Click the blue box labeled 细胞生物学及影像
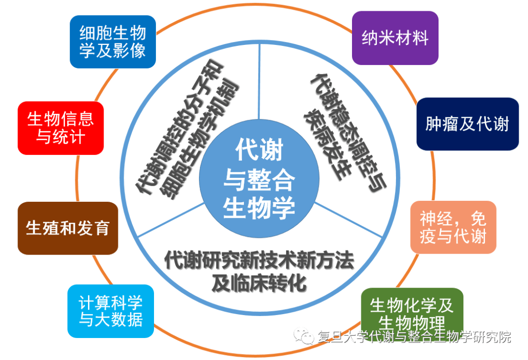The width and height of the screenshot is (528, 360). point(113,42)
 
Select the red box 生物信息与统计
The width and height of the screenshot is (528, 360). point(61,128)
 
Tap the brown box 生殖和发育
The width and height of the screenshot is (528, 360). point(67,228)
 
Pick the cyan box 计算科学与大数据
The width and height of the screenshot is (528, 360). point(111,311)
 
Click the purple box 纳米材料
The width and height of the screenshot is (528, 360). point(395,38)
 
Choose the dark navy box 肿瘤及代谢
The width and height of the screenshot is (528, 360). point(467,124)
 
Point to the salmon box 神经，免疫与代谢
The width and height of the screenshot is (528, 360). point(453,227)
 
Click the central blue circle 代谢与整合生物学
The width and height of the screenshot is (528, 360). point(259,179)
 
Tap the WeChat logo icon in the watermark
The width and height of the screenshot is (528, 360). point(304,336)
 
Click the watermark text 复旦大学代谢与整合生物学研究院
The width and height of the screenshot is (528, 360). point(414,337)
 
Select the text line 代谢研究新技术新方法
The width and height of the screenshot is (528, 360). point(259,260)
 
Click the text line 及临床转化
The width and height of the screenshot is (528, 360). point(259,283)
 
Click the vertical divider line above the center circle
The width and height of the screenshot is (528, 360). point(259,82)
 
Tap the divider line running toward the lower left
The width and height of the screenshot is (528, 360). point(171,219)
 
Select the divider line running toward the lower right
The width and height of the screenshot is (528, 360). point(348,219)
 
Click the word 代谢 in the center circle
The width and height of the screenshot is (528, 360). point(259,149)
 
